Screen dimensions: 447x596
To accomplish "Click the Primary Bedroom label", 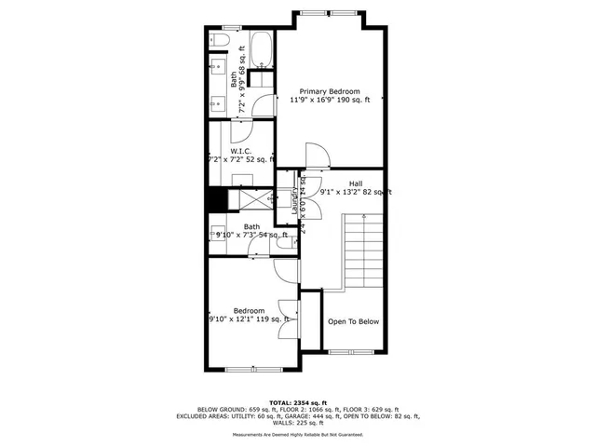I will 330,90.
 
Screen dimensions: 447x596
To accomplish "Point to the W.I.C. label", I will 241,151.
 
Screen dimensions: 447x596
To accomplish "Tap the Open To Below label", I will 354,322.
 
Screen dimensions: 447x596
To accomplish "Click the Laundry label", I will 294,201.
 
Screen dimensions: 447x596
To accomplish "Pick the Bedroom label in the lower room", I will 249,311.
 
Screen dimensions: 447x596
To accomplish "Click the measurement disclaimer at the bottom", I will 297,436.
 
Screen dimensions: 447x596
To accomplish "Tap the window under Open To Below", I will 354,351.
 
